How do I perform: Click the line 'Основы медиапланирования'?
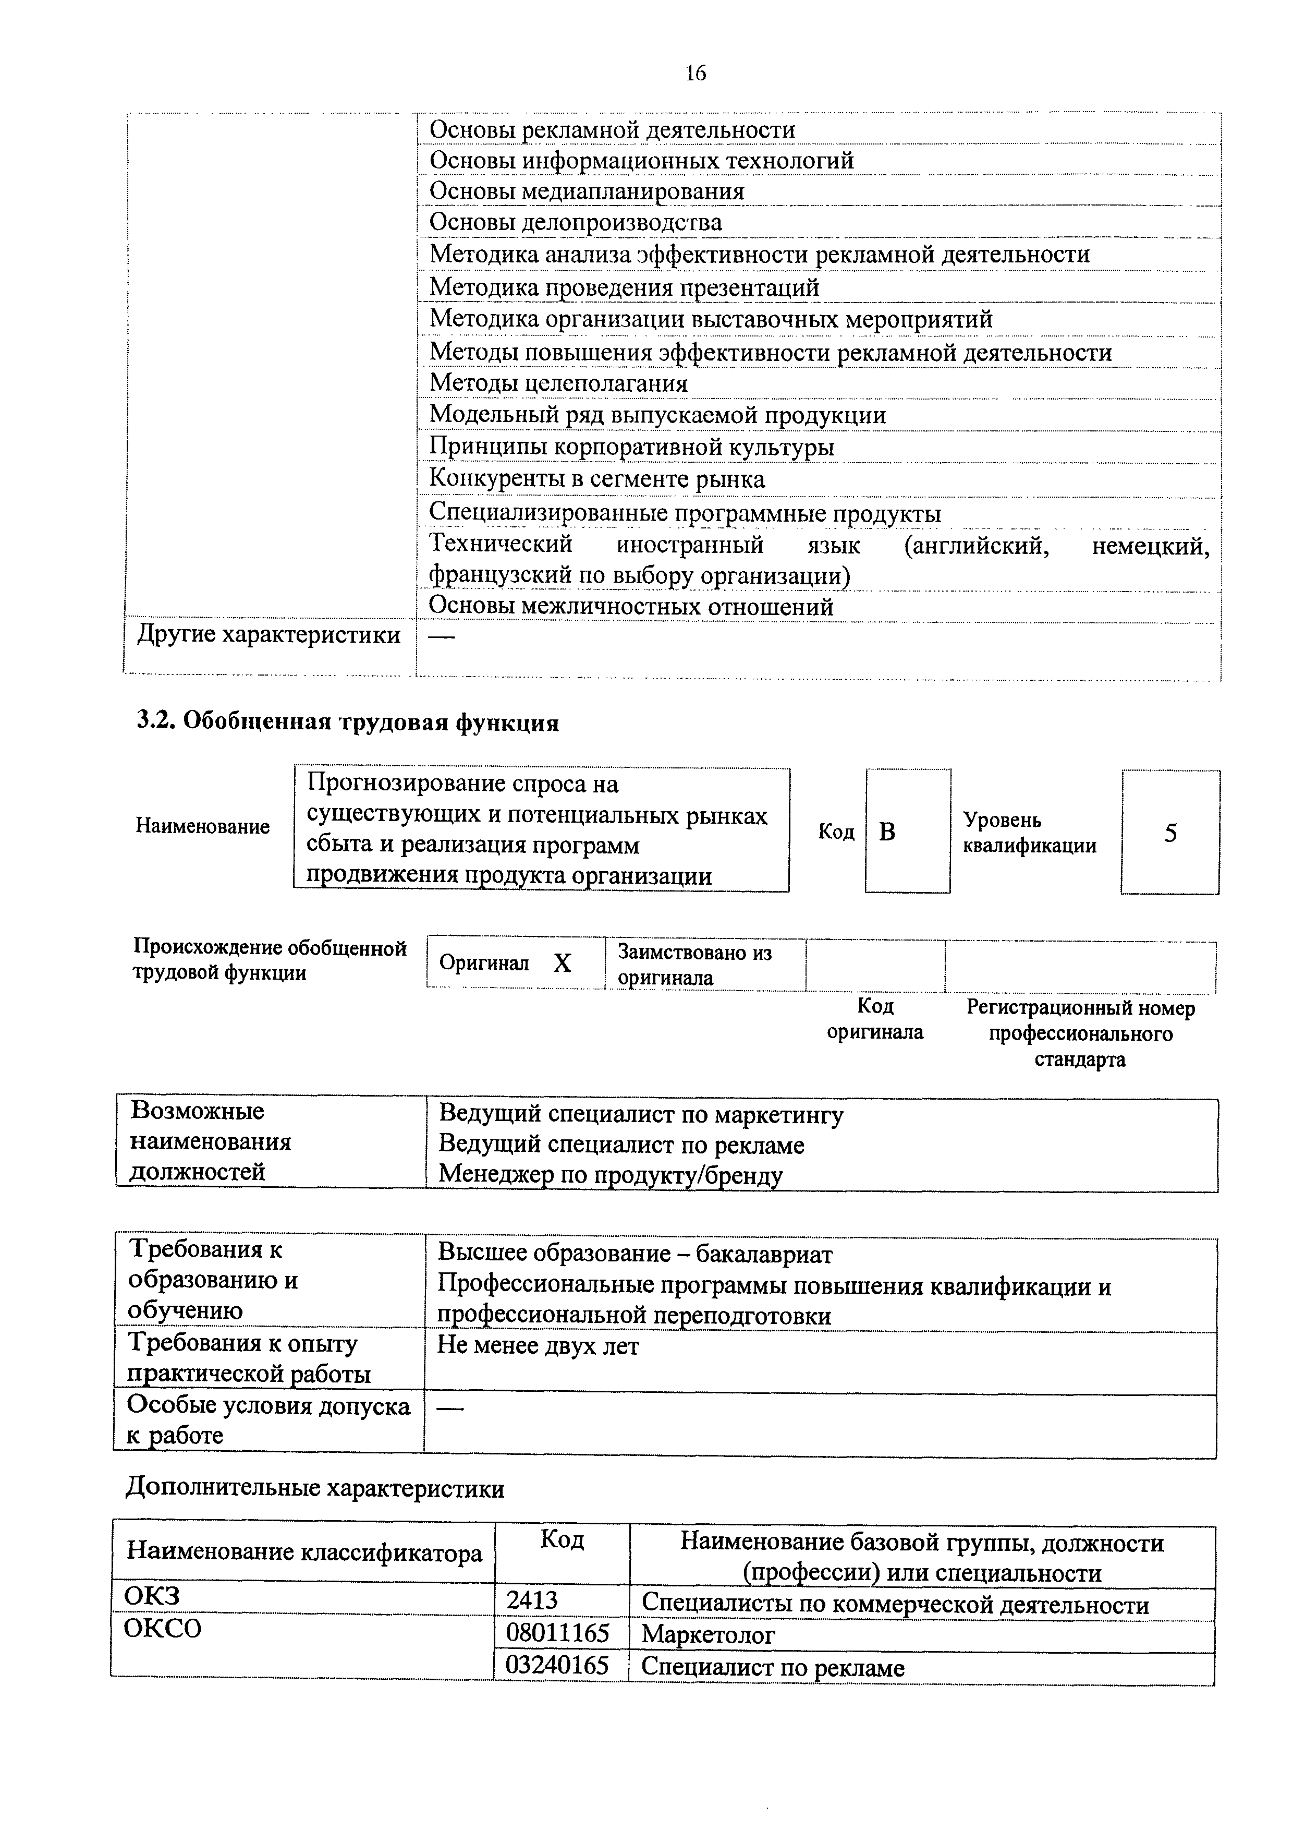587,191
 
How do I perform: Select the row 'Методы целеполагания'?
558,383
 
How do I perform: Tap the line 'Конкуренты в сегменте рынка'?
596,479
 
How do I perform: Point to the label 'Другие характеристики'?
269,635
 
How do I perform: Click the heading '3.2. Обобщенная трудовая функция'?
347,722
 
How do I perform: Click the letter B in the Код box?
887,832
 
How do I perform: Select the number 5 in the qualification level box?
1169,833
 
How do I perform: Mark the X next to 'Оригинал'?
563,964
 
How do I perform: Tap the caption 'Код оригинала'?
875,1019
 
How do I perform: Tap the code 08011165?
558,1634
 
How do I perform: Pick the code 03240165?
558,1665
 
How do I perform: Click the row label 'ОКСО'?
163,1628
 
